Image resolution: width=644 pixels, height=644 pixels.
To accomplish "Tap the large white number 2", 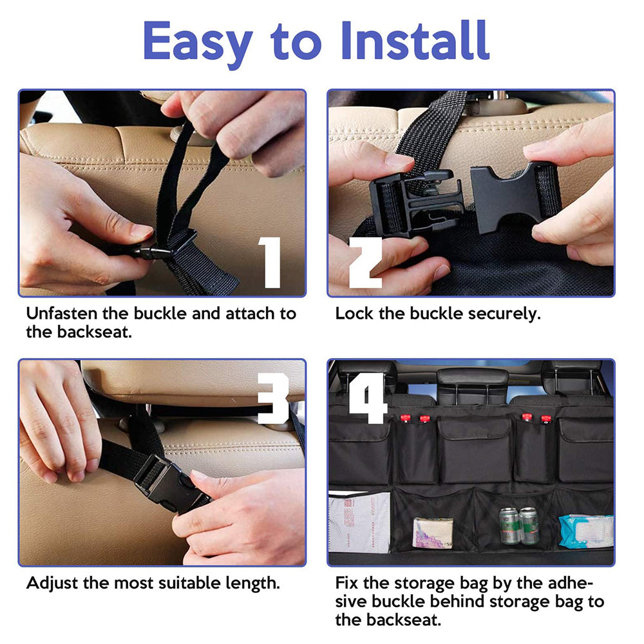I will click(x=365, y=262).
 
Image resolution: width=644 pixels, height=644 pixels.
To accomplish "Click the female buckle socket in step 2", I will click(x=509, y=196).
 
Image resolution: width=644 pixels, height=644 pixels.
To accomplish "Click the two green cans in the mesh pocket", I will click(x=519, y=526).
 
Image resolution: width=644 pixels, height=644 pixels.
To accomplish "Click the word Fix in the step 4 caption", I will click(x=348, y=583).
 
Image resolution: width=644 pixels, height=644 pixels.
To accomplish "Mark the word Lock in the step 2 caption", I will click(x=353, y=314).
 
